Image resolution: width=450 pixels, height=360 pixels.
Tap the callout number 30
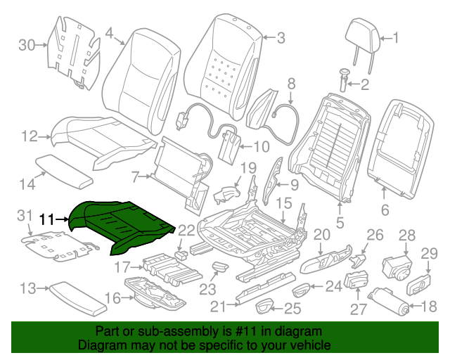click(x=26, y=46)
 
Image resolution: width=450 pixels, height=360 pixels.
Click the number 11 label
click(x=46, y=219)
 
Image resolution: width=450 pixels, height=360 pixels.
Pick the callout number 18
click(x=429, y=306)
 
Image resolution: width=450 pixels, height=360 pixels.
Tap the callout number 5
click(x=340, y=224)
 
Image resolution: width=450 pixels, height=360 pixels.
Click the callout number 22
click(x=186, y=231)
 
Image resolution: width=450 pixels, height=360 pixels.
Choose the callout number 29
click(x=429, y=253)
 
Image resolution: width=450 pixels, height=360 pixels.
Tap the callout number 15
click(x=283, y=203)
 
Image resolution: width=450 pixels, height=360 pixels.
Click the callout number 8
click(x=290, y=85)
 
